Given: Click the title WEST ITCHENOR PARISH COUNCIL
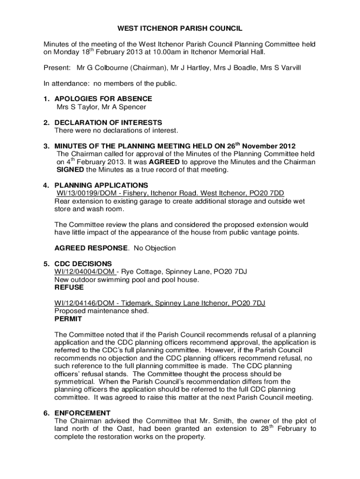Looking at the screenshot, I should [180, 29].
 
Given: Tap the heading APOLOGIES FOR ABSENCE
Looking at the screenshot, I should [103, 99].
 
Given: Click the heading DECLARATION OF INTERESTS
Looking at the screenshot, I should [108, 123].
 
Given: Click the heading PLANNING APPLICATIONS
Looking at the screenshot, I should [101, 185].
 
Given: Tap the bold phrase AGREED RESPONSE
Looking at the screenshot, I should [91, 248].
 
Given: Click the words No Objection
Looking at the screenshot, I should [155, 248].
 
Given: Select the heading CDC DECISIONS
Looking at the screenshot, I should [83, 264].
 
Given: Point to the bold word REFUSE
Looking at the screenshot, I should [69, 287].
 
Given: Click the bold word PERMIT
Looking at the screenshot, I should [68, 319].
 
